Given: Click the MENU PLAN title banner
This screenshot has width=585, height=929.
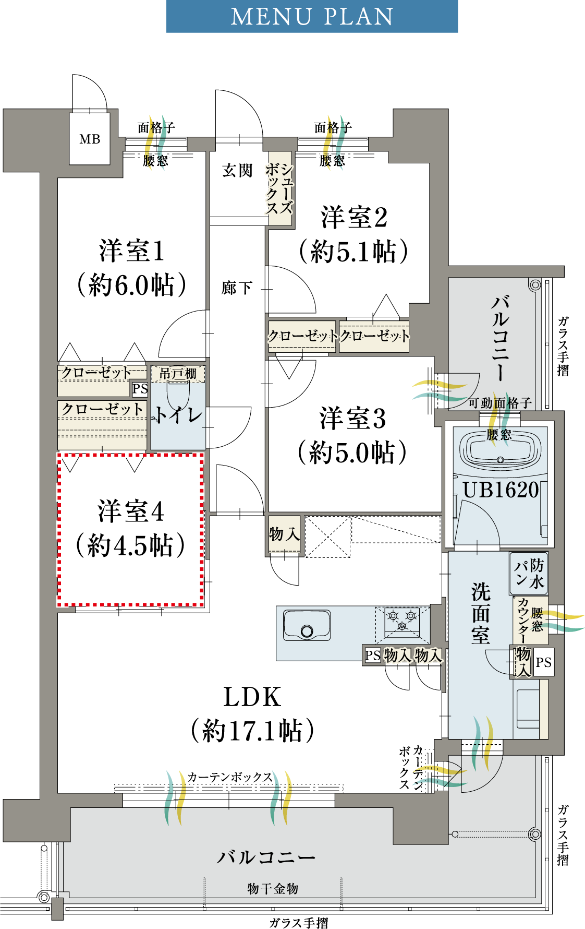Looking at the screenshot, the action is tap(312, 16).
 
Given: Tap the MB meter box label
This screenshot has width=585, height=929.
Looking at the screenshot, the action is tap(90, 139).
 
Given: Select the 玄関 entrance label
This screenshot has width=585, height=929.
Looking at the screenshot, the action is tap(237, 171).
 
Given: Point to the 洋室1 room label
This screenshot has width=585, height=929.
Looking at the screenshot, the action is tap(132, 251).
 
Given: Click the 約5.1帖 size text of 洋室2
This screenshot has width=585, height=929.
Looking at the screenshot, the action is tap(354, 252).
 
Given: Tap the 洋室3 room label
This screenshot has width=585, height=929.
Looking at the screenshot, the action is tap(353, 419).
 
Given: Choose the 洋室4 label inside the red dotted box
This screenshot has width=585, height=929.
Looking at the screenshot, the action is tap(131, 511).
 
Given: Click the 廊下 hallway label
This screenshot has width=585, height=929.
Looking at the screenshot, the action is tap(237, 288).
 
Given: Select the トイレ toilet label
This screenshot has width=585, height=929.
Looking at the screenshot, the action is tap(178, 415).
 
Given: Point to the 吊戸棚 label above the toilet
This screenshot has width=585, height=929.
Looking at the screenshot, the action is tap(178, 374).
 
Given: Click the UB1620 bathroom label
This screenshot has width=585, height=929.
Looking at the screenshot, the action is tap(501, 490).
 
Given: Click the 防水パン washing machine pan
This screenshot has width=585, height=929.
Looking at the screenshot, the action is tap(529, 574).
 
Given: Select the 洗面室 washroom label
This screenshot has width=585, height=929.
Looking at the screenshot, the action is tap(481, 613).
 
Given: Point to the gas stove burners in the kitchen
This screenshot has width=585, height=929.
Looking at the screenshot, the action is tap(402, 621).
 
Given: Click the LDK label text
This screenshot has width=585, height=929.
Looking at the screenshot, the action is tap(252, 697).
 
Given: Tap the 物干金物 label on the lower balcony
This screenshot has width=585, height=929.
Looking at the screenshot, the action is tap(273, 889).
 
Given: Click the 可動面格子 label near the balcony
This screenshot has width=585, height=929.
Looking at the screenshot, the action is tap(500, 403).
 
